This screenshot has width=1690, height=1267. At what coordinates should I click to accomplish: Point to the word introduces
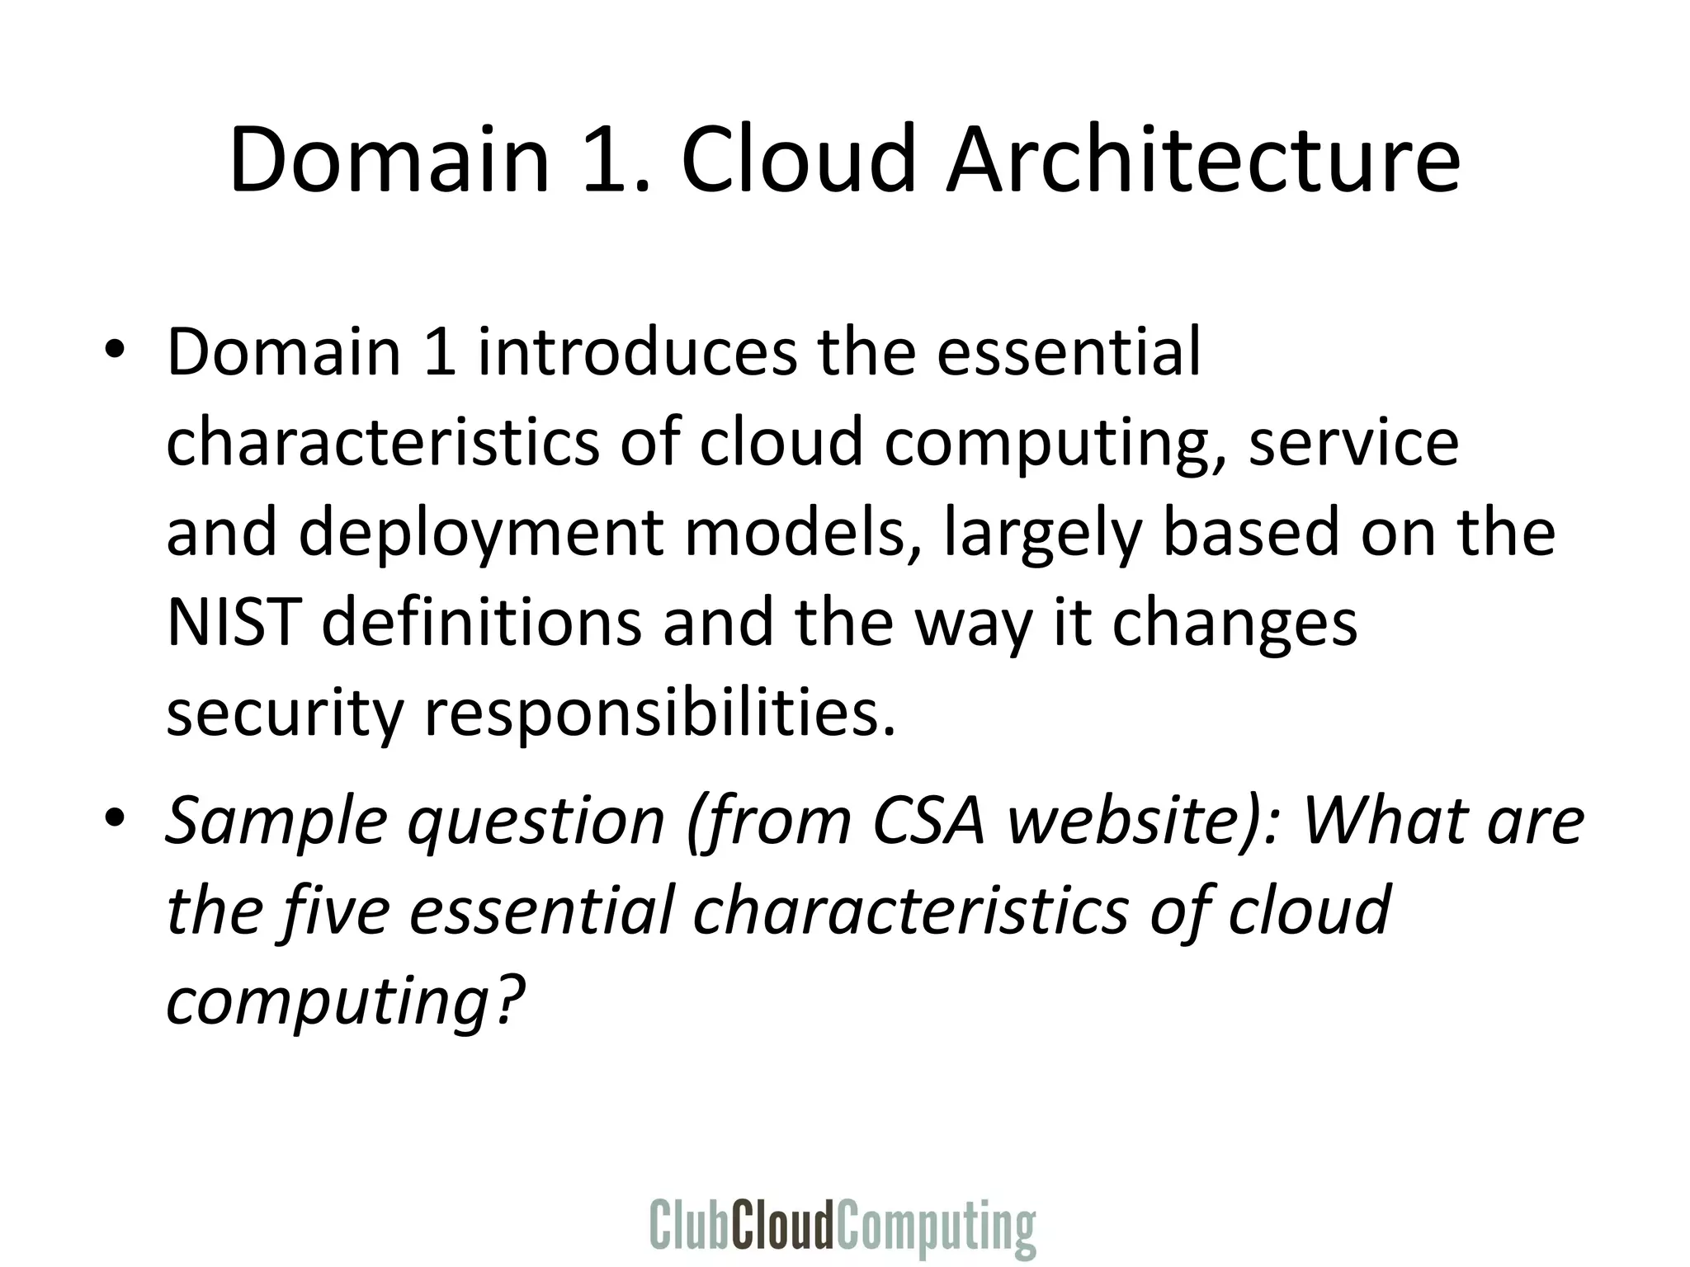(x=636, y=351)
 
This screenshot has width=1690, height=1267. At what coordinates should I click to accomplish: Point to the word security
(x=283, y=713)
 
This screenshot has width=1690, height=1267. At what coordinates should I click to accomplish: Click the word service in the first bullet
(x=1353, y=442)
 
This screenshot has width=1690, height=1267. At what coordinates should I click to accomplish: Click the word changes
(x=1234, y=624)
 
